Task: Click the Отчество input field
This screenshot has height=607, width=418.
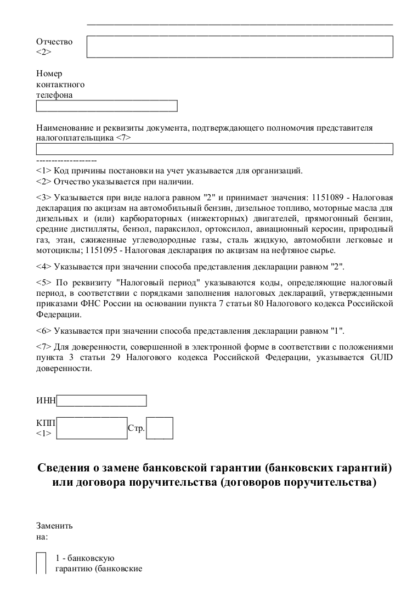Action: [x=240, y=47]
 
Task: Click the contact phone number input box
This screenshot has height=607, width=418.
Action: [x=107, y=106]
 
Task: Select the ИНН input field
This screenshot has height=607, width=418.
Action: [x=101, y=401]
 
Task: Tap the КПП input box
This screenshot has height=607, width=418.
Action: [x=92, y=428]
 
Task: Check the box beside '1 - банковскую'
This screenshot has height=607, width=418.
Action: [x=41, y=563]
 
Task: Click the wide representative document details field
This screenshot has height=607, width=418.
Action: [x=214, y=149]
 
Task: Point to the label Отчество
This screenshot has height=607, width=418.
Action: [x=54, y=42]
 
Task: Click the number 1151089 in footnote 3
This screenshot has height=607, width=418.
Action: [x=331, y=196]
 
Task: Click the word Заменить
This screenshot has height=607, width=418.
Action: [x=54, y=525]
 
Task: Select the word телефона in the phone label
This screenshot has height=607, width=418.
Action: [x=54, y=94]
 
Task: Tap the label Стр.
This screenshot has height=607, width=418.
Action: [x=136, y=428]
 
